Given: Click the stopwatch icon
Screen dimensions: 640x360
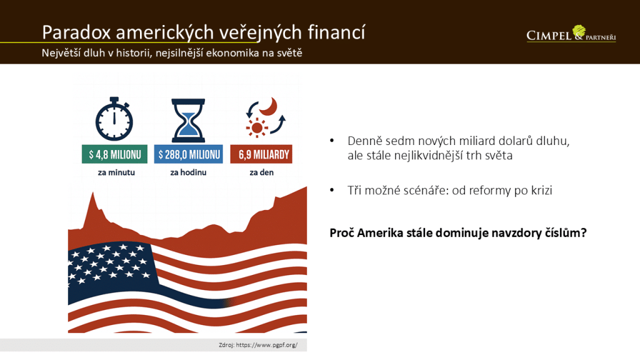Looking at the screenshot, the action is (x=114, y=119).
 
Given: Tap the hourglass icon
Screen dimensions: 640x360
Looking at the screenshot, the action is (x=188, y=120).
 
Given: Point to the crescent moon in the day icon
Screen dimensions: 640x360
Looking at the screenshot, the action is (x=269, y=106).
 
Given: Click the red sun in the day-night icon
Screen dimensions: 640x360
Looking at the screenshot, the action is (x=257, y=127).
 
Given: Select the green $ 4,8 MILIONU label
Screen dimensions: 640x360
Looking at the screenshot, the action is (x=115, y=154).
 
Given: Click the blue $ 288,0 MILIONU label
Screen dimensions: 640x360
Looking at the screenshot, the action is (x=189, y=154).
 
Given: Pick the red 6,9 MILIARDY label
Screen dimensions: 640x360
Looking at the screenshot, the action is (x=261, y=154).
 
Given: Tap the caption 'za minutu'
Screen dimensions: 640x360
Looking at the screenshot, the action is (x=116, y=172).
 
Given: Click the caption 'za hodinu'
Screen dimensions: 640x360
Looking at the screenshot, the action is (x=188, y=172).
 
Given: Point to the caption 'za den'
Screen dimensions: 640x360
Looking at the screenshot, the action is (x=262, y=172).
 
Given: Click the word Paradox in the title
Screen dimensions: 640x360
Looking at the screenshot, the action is (x=76, y=32).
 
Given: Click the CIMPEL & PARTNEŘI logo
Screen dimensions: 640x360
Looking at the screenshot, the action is (x=571, y=34).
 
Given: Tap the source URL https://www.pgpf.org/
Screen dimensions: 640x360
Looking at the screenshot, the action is (x=266, y=345).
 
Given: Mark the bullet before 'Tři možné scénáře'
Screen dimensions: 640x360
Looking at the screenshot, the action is (x=332, y=190).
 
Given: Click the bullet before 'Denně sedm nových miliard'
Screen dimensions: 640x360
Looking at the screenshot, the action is (x=332, y=141).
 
